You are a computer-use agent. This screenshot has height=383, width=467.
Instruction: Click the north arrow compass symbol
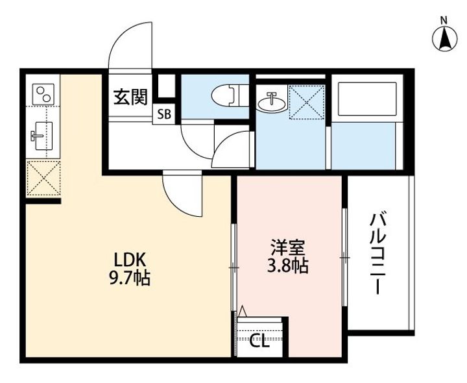coord(444,39)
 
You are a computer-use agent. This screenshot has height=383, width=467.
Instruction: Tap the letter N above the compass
coord(444,21)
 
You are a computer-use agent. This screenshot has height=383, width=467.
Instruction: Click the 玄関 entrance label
coord(130,97)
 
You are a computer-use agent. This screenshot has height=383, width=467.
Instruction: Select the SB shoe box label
coord(164,114)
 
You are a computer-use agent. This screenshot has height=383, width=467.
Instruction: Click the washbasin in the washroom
coord(272,102)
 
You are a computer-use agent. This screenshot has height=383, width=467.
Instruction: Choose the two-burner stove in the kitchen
coord(44,94)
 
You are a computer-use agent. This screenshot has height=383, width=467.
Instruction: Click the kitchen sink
coord(42,136)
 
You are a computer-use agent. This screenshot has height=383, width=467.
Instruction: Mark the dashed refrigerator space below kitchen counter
coord(44,179)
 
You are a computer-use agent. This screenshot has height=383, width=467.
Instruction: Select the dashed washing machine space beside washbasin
coord(306,102)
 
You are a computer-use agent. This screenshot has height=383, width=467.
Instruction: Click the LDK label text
coord(130,260)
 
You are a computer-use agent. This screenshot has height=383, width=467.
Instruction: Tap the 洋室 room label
coord(287,248)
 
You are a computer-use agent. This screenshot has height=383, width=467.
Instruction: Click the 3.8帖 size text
coord(287,266)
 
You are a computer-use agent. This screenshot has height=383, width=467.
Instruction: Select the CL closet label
coord(259,341)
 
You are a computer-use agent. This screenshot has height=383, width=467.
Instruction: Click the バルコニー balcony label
coord(377,253)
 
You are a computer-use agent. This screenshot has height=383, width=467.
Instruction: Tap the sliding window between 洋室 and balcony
coord(344,257)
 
